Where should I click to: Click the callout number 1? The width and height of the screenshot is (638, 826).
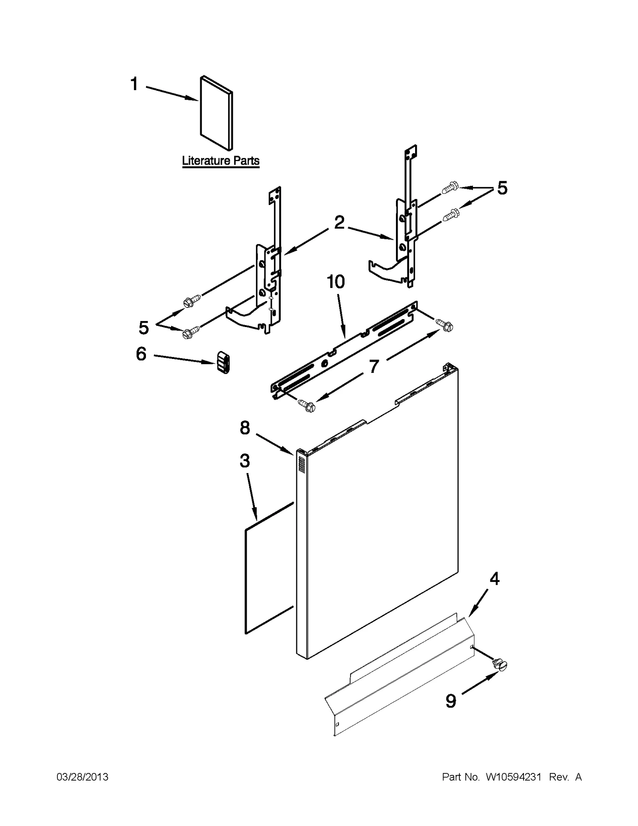134,85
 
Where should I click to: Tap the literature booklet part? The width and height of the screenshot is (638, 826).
216,114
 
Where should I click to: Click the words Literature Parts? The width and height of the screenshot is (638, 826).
221,161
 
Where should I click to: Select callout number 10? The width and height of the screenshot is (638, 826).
336,282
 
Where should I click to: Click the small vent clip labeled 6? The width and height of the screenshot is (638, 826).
223,362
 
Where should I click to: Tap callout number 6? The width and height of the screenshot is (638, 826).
141,354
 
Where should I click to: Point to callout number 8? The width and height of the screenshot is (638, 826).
244,428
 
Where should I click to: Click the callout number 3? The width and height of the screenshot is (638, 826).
244,461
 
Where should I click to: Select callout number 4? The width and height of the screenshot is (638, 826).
494,578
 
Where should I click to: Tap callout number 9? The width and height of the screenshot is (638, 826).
451,701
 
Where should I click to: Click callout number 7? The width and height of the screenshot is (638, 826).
373,367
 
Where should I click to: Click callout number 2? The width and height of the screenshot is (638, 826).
339,223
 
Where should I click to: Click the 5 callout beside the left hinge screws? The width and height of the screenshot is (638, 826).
144,328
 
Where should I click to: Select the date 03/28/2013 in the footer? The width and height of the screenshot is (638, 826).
83,777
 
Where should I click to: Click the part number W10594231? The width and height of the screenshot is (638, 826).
513,777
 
